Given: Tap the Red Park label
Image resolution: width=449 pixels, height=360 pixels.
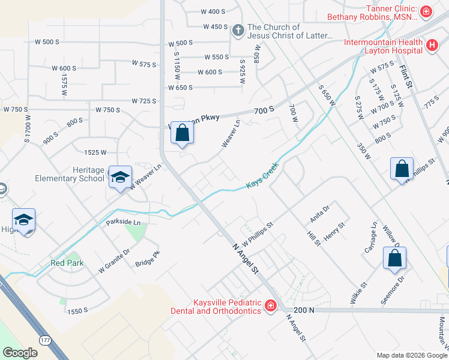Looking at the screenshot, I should pos(67,263).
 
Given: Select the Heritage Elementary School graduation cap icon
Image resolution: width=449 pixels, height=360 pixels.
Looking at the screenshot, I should pos(120,178).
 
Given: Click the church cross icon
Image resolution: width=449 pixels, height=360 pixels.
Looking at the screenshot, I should pos(238,30).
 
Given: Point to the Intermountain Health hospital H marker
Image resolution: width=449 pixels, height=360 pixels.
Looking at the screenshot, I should pos(431,45).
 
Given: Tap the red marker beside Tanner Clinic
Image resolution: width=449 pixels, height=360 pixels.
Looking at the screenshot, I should pos(426,11).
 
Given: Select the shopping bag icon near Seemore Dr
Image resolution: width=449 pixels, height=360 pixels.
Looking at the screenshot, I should pos(394,259).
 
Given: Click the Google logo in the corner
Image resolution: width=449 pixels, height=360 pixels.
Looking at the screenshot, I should pos(20,353).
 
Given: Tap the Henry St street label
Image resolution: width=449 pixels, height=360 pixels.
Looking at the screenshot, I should pos(334,232).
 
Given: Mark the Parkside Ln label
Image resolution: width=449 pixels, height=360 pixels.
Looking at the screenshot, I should pos(123,222).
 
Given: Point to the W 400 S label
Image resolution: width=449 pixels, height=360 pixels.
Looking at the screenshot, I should pos(213,11).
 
